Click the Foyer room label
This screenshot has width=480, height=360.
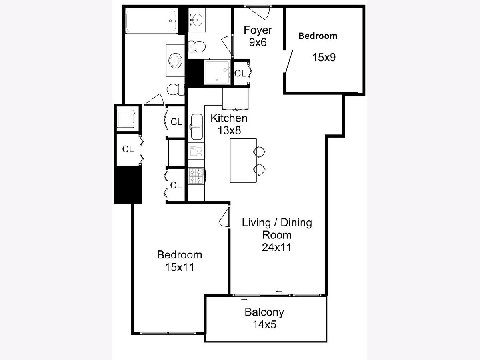[x=258, y=30]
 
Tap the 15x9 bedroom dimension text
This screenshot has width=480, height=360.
[x=324, y=58]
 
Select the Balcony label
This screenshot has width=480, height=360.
[x=264, y=312]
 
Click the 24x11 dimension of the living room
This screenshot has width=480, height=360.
[x=277, y=248]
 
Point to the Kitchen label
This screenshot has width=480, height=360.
[x=229, y=118]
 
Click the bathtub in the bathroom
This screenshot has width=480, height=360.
[x=151, y=21]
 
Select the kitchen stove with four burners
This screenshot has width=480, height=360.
[x=196, y=176]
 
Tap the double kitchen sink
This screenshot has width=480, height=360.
[x=196, y=127]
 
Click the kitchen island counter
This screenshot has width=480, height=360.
[x=243, y=160]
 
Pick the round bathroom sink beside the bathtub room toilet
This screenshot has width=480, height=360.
[x=175, y=60]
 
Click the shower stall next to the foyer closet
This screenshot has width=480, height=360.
[x=217, y=72]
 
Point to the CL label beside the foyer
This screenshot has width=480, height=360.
[x=240, y=74]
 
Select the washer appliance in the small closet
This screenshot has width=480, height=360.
[x=126, y=119]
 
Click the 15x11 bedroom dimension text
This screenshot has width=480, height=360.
[x=180, y=267]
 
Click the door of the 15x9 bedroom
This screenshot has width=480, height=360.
[x=288, y=62]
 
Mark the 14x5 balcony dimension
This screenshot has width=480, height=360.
[x=264, y=324]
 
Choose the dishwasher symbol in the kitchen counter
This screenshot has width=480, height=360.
[x=196, y=151]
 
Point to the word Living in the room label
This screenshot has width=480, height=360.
[x=256, y=223]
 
